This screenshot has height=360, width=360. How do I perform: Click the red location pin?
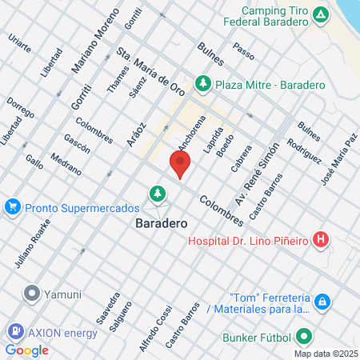pos(180,165)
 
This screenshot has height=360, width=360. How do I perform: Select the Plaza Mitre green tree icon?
pos(203,82)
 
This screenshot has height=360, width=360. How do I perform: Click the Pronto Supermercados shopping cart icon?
pos(12,207)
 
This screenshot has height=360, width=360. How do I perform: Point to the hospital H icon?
pos(321,239)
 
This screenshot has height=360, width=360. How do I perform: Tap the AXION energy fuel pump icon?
pos(14,330)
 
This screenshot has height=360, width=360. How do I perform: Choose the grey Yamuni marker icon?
pos(33,293)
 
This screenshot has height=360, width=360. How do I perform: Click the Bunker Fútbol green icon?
pos(303,337)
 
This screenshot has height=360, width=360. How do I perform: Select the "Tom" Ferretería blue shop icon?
pos(321,302)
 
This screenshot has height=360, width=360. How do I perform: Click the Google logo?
pos(26,350)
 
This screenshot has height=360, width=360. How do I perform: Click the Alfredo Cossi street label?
pos(155,328)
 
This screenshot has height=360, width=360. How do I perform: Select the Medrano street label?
pos(65,164)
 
